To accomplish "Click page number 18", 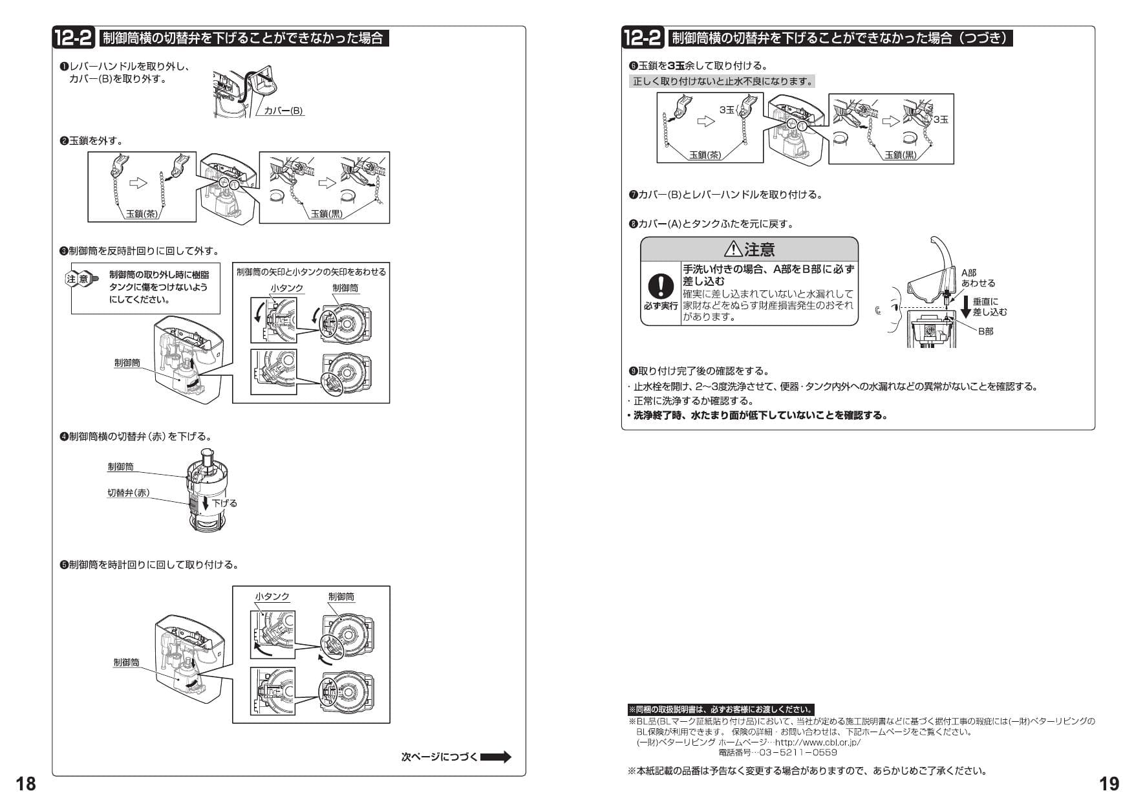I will click(x=26, y=784).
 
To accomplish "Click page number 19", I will click(x=1109, y=784).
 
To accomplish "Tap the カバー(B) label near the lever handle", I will click(x=283, y=111).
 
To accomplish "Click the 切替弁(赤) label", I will click(x=128, y=493).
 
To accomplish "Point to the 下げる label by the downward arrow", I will click(x=224, y=503).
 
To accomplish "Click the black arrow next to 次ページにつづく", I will click(x=496, y=757).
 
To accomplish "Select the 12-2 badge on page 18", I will click(x=75, y=38).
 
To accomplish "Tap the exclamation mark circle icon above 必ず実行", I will click(x=661, y=285).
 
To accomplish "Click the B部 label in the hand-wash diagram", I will click(x=985, y=331).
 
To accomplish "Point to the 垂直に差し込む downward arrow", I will click(x=965, y=307).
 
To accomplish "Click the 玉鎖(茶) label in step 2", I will click(x=142, y=214).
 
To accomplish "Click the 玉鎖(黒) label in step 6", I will click(x=901, y=155).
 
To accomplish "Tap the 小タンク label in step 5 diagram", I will click(x=272, y=596).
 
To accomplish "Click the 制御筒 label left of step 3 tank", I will click(x=127, y=363).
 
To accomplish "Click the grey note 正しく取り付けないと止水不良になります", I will click(x=722, y=81).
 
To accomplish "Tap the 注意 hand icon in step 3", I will click(x=82, y=279).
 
